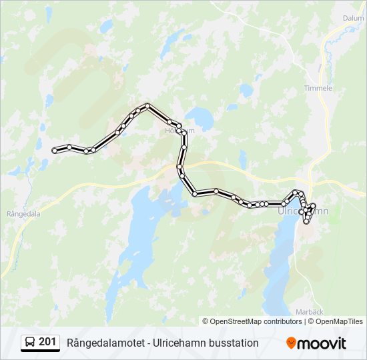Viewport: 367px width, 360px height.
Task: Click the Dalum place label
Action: tap(353, 19)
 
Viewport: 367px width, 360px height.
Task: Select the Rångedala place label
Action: tap(23, 214)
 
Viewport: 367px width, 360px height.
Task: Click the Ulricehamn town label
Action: tap(302, 211)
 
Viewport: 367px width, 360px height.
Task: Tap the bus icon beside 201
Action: tap(30, 343)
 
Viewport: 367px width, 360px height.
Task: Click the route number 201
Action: tap(47, 342)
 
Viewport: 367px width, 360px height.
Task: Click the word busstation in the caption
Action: tap(233, 343)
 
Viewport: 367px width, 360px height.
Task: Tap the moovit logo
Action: tap(316, 343)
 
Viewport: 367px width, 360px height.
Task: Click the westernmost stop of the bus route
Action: tap(54, 151)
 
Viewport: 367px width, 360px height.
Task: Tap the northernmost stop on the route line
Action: tap(147, 105)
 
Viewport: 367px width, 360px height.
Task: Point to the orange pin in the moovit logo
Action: tap(291, 343)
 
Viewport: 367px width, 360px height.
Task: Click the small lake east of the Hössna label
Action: tap(201, 119)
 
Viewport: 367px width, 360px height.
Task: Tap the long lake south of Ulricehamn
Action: tap(280, 267)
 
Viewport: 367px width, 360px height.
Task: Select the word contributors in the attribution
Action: tap(282, 321)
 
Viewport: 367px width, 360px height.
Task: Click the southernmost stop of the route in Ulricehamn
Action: tap(306, 221)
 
